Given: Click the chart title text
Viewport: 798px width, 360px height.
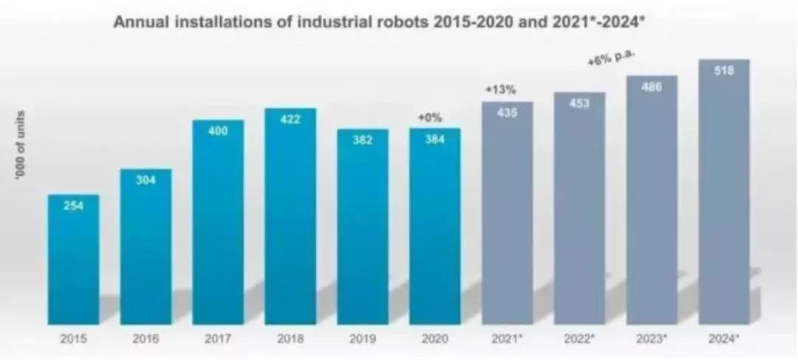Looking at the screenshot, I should (x=398, y=23).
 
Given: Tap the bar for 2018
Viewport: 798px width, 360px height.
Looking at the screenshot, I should (x=290, y=222).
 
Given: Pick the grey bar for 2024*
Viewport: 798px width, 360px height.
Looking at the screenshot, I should (x=724, y=200).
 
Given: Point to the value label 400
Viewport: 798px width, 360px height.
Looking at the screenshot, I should (x=218, y=132).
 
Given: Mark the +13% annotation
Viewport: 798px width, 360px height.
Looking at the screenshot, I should (x=499, y=90).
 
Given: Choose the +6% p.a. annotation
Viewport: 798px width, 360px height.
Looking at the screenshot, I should (x=612, y=61).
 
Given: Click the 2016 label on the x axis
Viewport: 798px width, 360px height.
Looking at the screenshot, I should (x=146, y=342).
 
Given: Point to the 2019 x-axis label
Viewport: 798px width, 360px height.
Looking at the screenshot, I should (x=363, y=342).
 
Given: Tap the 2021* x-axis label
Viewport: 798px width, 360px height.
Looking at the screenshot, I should (x=508, y=342).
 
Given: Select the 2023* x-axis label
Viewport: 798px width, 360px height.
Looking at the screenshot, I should (x=652, y=342).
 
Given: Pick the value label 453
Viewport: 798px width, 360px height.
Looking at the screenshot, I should (x=579, y=103).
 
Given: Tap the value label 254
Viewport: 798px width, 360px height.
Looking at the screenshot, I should (x=73, y=207).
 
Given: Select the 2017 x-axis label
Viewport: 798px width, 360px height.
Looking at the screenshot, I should (x=218, y=342).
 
